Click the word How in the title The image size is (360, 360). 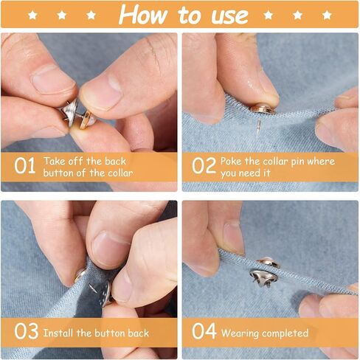142,15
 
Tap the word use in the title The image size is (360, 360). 230,16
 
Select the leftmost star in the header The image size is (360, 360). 32,15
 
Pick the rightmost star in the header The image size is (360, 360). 327,15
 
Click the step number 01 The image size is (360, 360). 24,166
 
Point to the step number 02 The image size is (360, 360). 204,166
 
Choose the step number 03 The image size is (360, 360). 26,331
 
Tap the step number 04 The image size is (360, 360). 204,331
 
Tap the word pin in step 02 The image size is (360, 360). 297,162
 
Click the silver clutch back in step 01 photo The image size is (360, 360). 70,113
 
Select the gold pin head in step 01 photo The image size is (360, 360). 87,120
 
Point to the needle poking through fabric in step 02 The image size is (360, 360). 258,126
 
